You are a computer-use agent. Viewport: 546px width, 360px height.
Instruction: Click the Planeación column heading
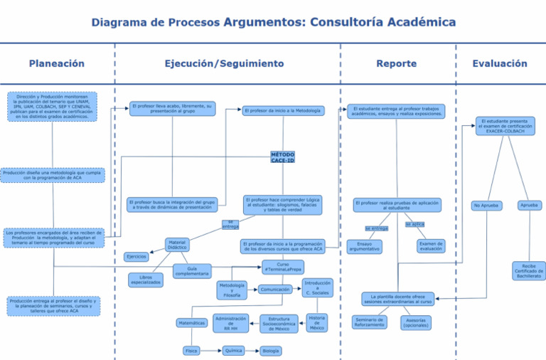tap(57, 64)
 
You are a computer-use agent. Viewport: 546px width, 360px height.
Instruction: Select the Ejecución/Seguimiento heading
tap(224, 64)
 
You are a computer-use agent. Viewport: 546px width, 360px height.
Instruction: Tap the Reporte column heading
tap(396, 64)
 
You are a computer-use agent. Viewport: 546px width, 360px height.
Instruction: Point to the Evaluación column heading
tap(500, 64)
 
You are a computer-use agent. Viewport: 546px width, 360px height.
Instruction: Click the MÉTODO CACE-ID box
tap(282, 157)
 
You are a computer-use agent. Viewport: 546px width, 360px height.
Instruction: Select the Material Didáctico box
tap(177, 245)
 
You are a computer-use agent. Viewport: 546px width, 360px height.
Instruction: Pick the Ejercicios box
tap(136, 257)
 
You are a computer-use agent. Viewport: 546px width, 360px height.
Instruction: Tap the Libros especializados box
tap(146, 280)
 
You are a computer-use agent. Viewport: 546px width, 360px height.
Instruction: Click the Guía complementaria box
tap(192, 271)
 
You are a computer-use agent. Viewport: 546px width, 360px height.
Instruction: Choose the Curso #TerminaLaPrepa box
tap(282, 268)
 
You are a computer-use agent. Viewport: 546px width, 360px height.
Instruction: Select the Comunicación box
tap(274, 290)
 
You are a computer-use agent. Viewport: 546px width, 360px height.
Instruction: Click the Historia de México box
tap(317, 322)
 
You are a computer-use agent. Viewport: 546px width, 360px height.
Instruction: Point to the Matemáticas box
tap(191, 323)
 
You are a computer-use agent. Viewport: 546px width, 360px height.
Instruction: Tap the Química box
tap(232, 351)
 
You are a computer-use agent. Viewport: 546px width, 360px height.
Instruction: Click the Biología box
tap(270, 351)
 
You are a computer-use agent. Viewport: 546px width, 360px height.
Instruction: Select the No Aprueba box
tap(486, 206)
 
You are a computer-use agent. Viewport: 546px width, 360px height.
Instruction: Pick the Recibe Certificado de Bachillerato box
tap(528, 271)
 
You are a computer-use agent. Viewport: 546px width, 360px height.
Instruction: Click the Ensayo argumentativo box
tap(364, 247)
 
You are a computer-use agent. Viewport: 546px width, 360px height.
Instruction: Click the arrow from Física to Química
tap(210, 351)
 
